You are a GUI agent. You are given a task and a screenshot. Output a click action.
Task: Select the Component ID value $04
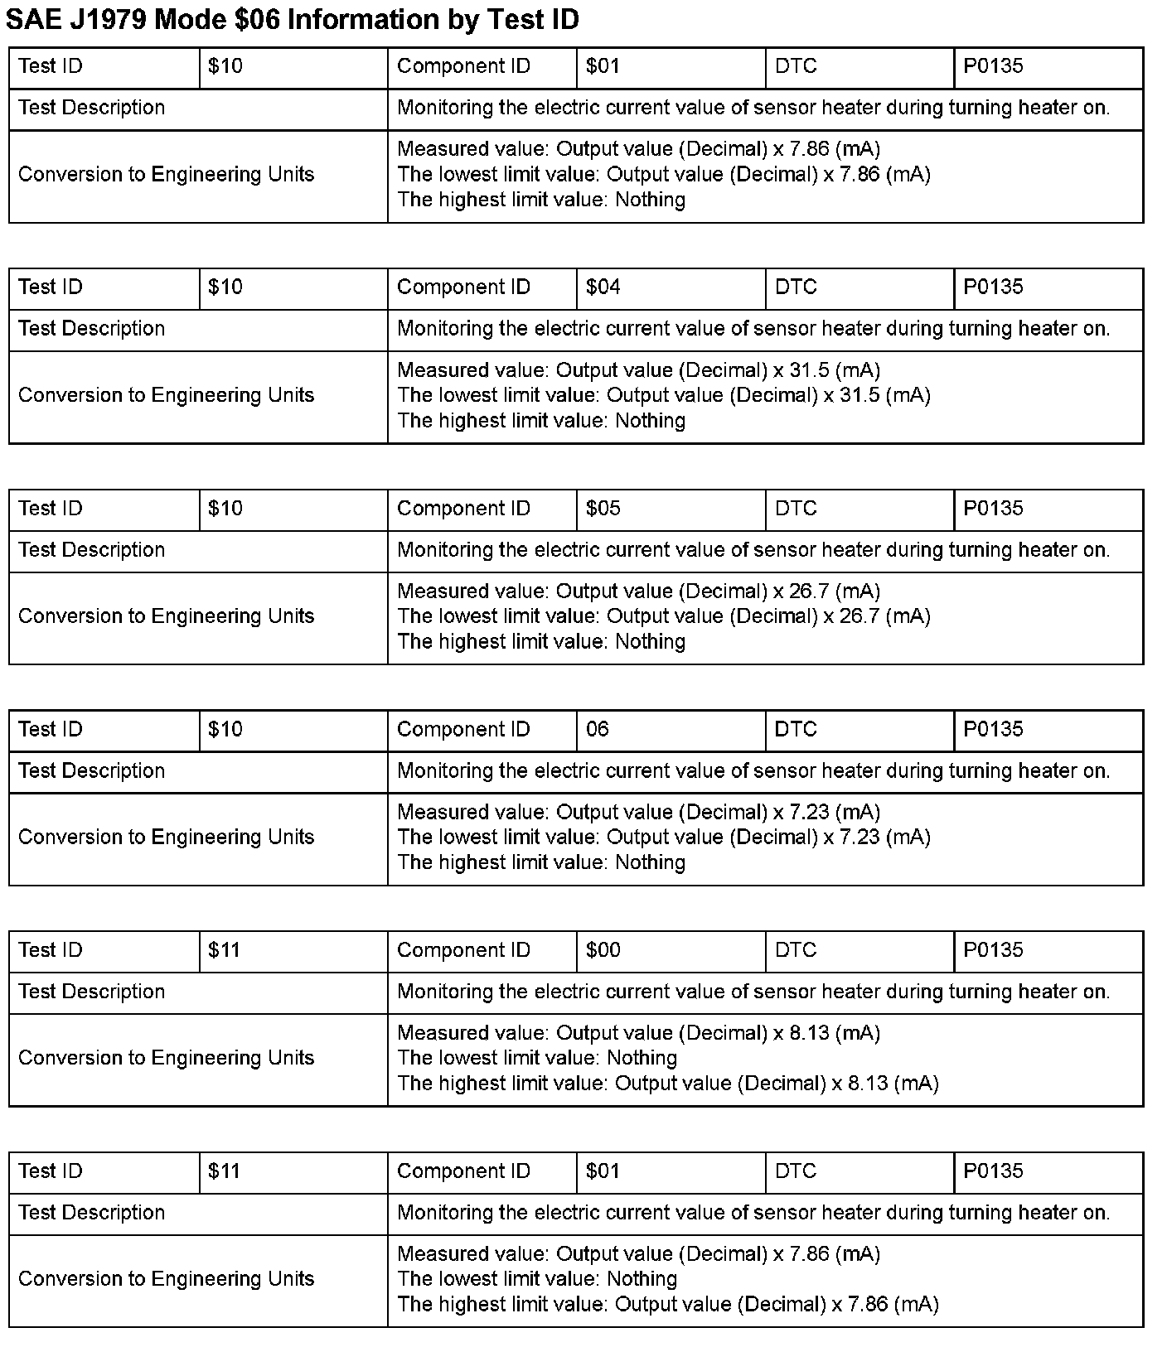click(603, 287)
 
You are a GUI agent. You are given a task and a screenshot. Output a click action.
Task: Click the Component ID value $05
click(603, 509)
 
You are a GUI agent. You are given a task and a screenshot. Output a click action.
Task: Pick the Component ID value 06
click(597, 730)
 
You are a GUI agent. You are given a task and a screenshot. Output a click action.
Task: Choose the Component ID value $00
click(603, 950)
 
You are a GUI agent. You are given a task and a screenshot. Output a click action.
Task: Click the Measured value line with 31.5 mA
click(638, 370)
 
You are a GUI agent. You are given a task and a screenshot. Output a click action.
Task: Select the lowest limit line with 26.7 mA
click(663, 616)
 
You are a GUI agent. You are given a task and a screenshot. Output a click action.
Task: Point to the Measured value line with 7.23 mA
click(638, 813)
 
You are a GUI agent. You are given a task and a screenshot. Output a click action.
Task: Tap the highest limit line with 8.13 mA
click(667, 1084)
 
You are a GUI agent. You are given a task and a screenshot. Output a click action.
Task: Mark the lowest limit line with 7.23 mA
click(663, 838)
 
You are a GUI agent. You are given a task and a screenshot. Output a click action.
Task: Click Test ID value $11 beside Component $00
click(224, 950)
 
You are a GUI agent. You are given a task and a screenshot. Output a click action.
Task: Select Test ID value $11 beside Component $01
click(224, 1171)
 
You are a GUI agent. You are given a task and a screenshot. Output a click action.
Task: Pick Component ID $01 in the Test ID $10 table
click(603, 66)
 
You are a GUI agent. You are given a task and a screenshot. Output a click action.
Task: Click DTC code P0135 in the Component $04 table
click(993, 287)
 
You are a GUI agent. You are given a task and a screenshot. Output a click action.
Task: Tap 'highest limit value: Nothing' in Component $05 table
click(541, 642)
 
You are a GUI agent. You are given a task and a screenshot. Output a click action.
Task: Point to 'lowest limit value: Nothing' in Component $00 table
click(537, 1058)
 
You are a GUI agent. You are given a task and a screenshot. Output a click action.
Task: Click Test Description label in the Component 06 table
click(91, 771)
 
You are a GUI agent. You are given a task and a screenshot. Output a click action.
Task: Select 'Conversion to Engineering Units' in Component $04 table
click(166, 395)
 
